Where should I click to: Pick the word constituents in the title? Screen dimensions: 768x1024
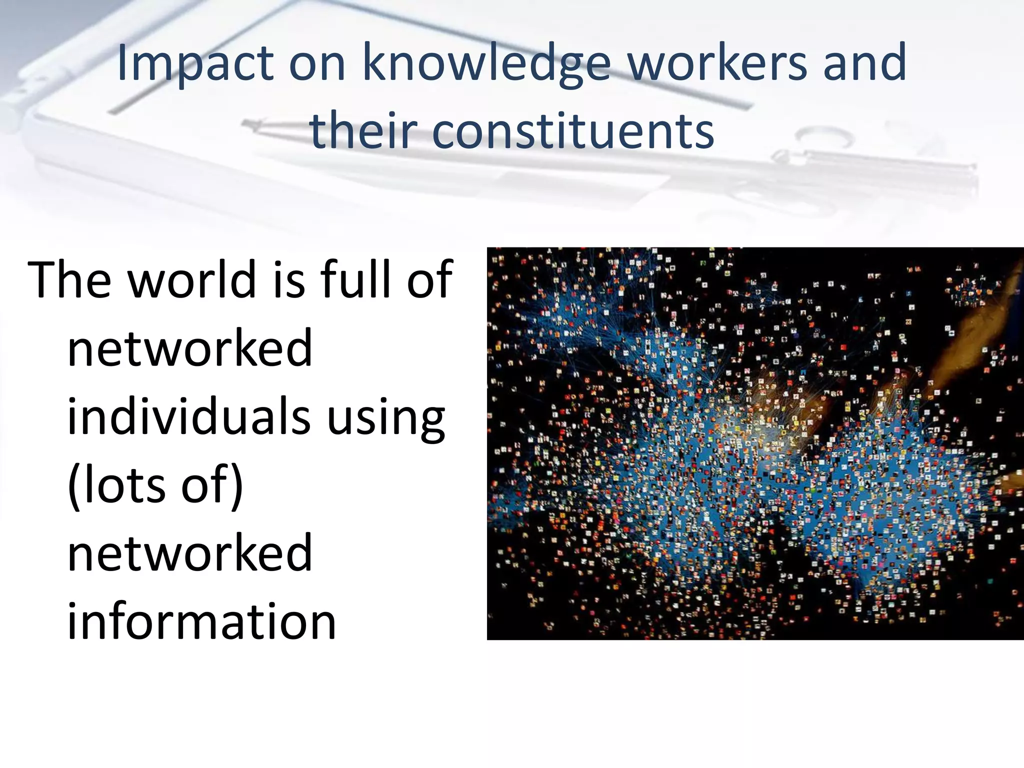coord(572,131)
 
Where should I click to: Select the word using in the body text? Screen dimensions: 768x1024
coord(385,419)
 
